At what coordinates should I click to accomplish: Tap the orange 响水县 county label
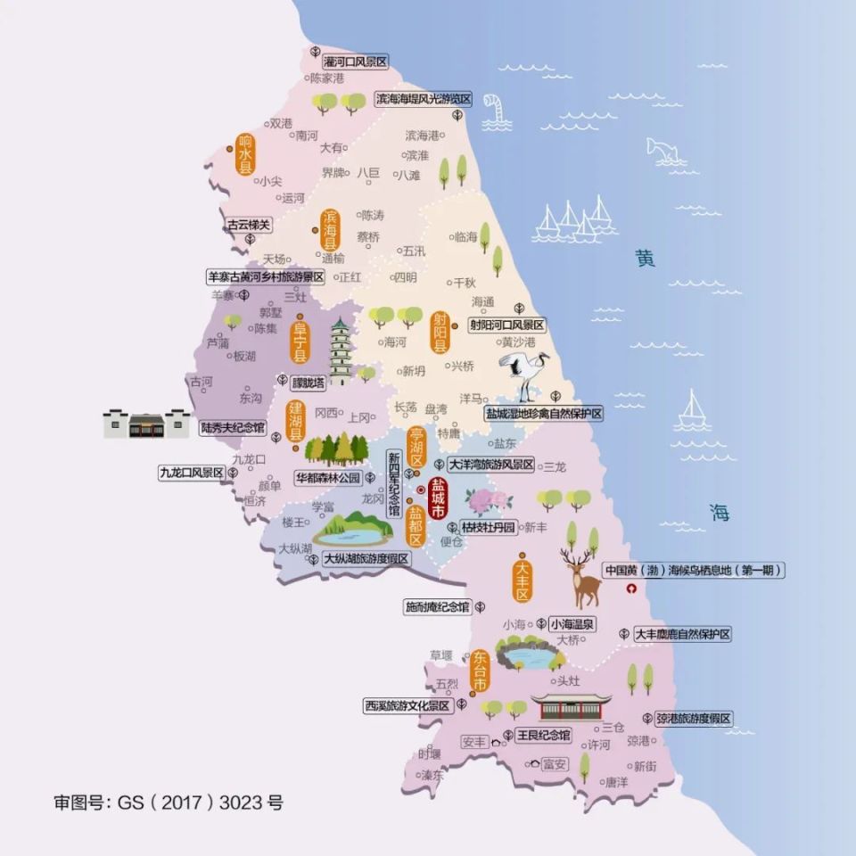coord(244,153)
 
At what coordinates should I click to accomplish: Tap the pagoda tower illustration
coord(340,352)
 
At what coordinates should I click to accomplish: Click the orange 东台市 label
coord(480,672)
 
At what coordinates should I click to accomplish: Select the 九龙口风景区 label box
coord(191,473)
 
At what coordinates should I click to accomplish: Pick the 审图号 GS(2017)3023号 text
coord(169,802)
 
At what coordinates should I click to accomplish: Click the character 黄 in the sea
coord(645,259)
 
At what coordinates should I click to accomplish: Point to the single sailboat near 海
coord(692,411)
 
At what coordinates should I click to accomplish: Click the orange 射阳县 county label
coord(440,330)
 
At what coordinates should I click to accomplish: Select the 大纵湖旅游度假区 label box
coord(366,559)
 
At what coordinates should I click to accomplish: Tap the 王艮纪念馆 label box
coord(543,736)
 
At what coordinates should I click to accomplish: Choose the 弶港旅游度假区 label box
coord(693,719)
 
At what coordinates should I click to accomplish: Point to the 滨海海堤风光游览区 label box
coord(422,98)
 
